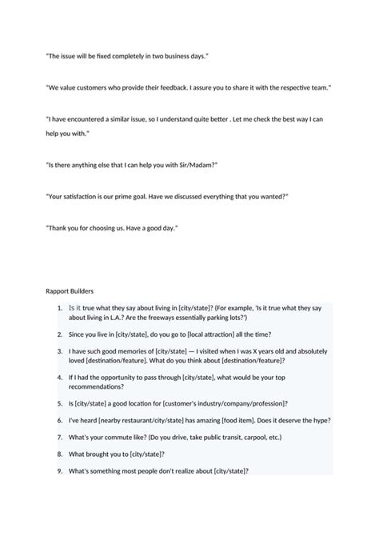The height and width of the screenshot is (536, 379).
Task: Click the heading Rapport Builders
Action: [70, 290]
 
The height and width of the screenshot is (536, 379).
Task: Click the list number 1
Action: [60, 307]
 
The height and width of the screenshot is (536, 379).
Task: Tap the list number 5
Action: [60, 404]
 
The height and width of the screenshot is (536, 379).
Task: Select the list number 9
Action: [60, 470]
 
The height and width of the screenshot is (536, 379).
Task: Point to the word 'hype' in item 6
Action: [317, 420]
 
